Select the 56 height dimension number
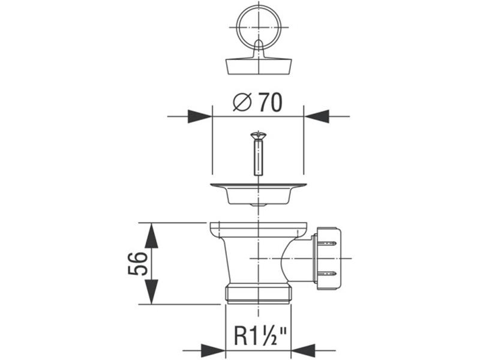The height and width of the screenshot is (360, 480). [x=138, y=263]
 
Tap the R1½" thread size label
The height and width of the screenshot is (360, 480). [x=260, y=335]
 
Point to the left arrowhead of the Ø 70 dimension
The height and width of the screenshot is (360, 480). [x=200, y=116]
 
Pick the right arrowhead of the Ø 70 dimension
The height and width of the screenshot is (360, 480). [x=316, y=116]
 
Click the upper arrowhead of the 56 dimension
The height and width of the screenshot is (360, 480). [x=152, y=235]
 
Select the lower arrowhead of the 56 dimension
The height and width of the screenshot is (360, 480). [x=152, y=292]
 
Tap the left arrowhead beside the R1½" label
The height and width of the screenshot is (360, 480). [x=213, y=350]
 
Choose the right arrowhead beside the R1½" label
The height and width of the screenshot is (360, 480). [x=303, y=350]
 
